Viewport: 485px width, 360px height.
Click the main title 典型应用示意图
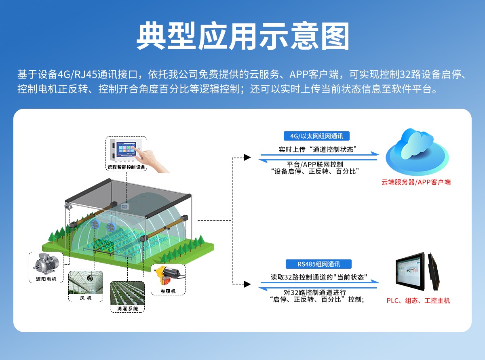coord(243,36)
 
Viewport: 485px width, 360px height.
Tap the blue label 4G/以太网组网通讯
coord(316,136)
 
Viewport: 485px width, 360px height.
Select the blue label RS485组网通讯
coord(318,264)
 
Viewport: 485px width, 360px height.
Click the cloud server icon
coord(417,152)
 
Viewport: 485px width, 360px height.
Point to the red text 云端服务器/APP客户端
coord(416,182)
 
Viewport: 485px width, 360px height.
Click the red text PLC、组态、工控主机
coord(418,301)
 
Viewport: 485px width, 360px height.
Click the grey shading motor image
coord(46,263)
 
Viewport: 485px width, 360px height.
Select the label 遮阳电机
coord(46,279)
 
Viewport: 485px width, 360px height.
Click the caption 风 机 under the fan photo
coord(86,298)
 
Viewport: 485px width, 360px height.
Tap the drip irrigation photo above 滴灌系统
coord(127,293)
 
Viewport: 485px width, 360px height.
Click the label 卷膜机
coord(168,291)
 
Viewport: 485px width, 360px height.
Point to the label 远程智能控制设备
coord(127,167)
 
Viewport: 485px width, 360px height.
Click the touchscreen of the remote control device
coord(127,149)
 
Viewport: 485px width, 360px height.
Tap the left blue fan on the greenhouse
coord(95,225)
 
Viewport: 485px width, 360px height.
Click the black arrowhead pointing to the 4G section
coord(247,157)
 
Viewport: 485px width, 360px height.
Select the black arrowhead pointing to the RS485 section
coord(247,284)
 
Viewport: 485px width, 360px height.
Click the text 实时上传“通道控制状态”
coord(318,149)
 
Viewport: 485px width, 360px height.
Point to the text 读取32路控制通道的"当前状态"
coord(319,277)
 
